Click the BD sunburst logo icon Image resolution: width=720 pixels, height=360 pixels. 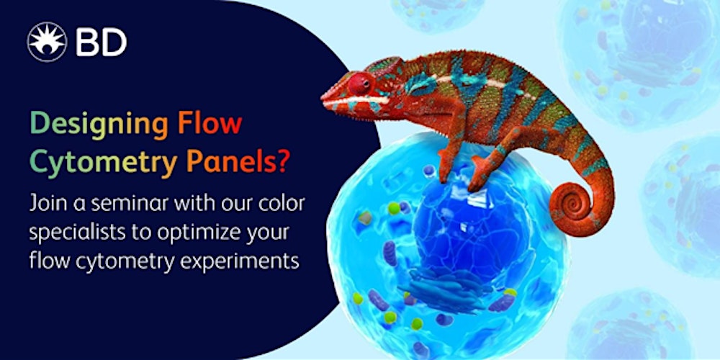(47, 42)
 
